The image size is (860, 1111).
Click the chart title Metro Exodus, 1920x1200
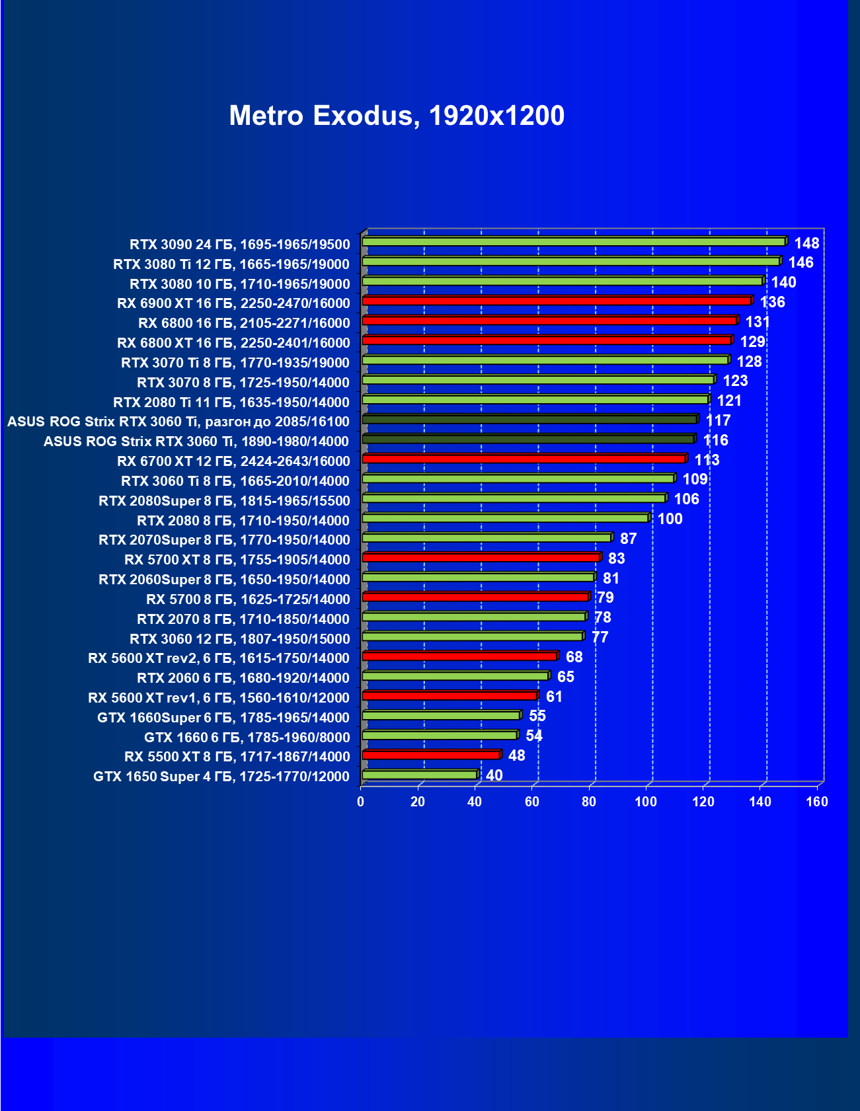397,116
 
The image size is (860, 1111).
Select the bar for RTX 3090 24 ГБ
574,242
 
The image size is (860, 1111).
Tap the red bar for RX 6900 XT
557,301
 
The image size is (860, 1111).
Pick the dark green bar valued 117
529,419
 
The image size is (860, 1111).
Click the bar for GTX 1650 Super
420,775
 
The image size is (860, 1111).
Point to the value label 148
806,243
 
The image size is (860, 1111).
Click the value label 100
670,519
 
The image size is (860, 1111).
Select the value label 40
494,775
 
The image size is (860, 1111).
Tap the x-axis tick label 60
531,802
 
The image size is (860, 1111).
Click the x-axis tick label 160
817,802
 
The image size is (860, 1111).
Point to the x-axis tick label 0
360,802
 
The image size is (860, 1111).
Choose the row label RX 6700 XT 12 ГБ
233,461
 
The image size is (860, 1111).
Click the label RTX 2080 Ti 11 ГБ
231,402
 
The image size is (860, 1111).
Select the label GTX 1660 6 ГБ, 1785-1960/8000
247,738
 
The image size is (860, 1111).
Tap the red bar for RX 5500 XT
431,755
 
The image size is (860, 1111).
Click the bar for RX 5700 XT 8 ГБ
481,557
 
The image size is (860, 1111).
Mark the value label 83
616,558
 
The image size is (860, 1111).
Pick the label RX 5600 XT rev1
219,698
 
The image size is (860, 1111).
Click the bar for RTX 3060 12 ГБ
472,636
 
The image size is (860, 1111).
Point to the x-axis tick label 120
703,802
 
